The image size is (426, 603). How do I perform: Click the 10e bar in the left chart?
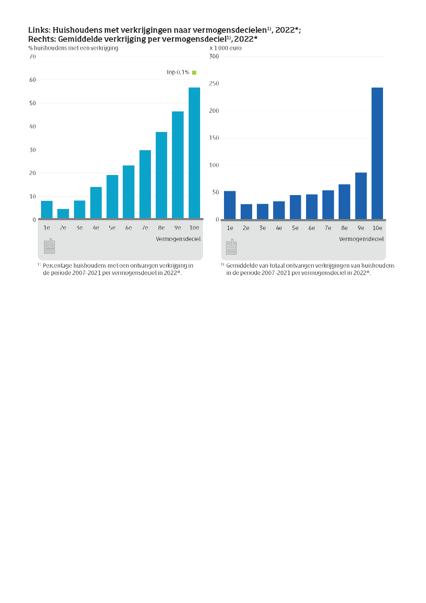pos(194,153)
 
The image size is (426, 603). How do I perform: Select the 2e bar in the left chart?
pos(63,214)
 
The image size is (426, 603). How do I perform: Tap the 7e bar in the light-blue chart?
pos(145,184)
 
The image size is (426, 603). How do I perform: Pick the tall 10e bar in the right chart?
pos(377,153)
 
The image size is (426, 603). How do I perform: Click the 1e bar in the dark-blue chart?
pos(230,205)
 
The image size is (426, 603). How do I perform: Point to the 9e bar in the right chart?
pos(361,196)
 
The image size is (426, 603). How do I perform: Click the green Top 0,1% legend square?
pos(194,72)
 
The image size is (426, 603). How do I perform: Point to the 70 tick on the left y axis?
pos(32,56)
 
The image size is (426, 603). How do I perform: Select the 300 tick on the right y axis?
pos(214,56)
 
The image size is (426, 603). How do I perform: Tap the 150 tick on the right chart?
pos(214,138)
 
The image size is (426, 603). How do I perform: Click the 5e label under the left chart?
pos(112,228)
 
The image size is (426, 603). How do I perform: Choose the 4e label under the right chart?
pos(279,228)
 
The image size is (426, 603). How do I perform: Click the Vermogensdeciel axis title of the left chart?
pos(178,239)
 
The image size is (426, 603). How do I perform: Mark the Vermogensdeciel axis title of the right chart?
pos(362,239)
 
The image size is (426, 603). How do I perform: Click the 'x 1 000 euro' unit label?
pos(225,48)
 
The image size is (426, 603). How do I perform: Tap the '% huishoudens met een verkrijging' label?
pos(73,48)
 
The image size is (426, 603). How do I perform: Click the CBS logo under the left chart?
pos(50,246)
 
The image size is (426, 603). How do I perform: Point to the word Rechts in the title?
pos(42,39)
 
